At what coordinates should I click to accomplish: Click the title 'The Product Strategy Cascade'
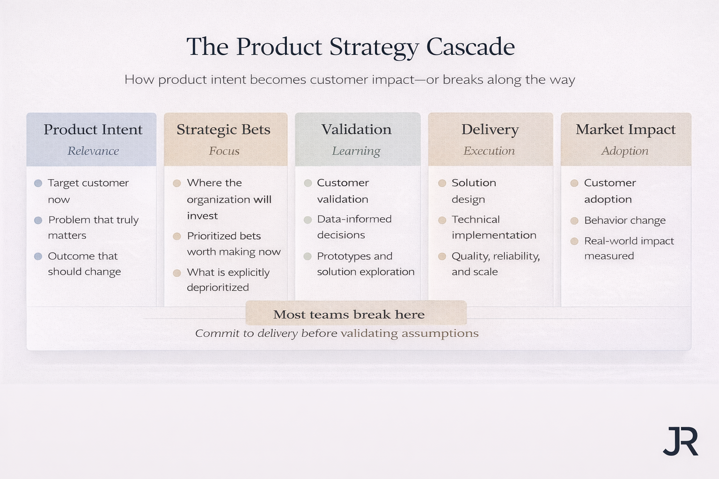coord(351,47)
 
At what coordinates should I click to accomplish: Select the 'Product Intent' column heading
coord(93,130)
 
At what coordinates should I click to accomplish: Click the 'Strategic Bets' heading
coord(223,130)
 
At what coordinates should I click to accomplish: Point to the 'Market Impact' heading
coord(625,130)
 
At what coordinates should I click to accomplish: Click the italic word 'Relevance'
coord(93,151)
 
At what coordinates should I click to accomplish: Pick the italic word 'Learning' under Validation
coord(356,151)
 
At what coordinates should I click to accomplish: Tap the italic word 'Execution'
coord(489,151)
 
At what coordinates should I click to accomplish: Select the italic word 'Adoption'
coord(624,151)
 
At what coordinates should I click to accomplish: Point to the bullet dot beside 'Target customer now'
coord(38,183)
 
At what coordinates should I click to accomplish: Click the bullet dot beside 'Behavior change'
coord(574,220)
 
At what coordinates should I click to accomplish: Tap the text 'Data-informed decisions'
coord(354,227)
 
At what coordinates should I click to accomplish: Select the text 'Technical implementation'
coord(493,227)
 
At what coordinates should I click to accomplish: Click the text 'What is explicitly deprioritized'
coord(228,280)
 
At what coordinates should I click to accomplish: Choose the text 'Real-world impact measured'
coord(628,248)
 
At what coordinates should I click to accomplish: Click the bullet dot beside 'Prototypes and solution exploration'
coord(308,256)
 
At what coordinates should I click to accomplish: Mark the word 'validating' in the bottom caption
coord(369,333)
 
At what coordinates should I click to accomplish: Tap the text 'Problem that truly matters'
coord(93,227)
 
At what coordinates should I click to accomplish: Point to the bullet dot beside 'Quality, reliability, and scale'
coord(442,256)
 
